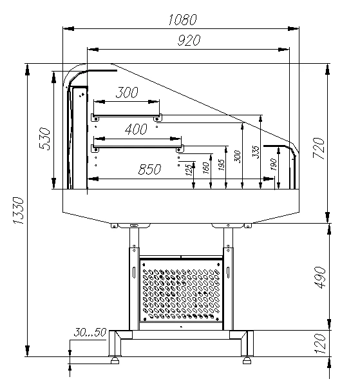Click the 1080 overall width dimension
(x=183, y=20)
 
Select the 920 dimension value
(x=189, y=41)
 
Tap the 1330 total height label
(x=19, y=211)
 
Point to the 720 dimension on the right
(x=318, y=148)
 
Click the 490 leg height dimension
(x=321, y=277)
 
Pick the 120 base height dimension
(x=321, y=344)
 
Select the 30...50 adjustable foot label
(x=90, y=333)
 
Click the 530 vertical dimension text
(x=44, y=139)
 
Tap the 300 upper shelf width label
(x=127, y=92)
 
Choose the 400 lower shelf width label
(x=137, y=130)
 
